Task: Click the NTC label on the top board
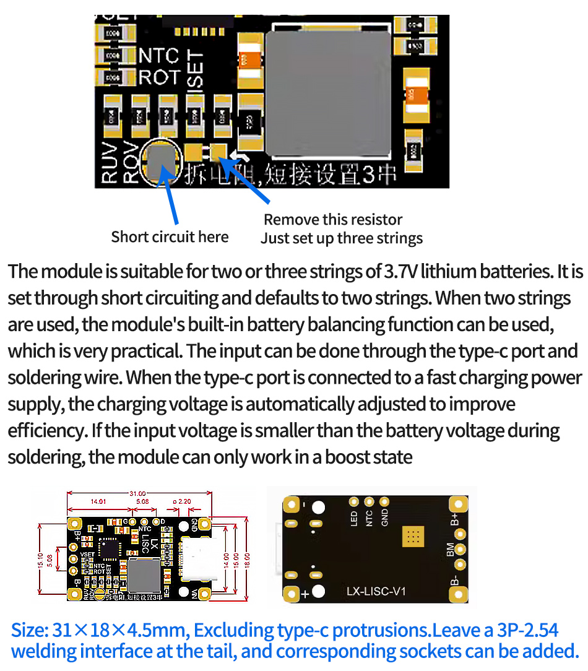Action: [158, 56]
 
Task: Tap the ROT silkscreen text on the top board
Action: [158, 77]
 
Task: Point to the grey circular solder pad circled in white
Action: [162, 162]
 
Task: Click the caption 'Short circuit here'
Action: [170, 237]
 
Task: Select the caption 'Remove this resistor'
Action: [333, 220]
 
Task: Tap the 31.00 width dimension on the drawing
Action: [137, 493]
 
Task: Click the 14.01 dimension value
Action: [99, 501]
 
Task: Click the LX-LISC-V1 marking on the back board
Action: [376, 592]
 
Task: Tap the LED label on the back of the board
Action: [355, 518]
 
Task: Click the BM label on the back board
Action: [450, 548]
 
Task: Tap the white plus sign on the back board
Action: [305, 594]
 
